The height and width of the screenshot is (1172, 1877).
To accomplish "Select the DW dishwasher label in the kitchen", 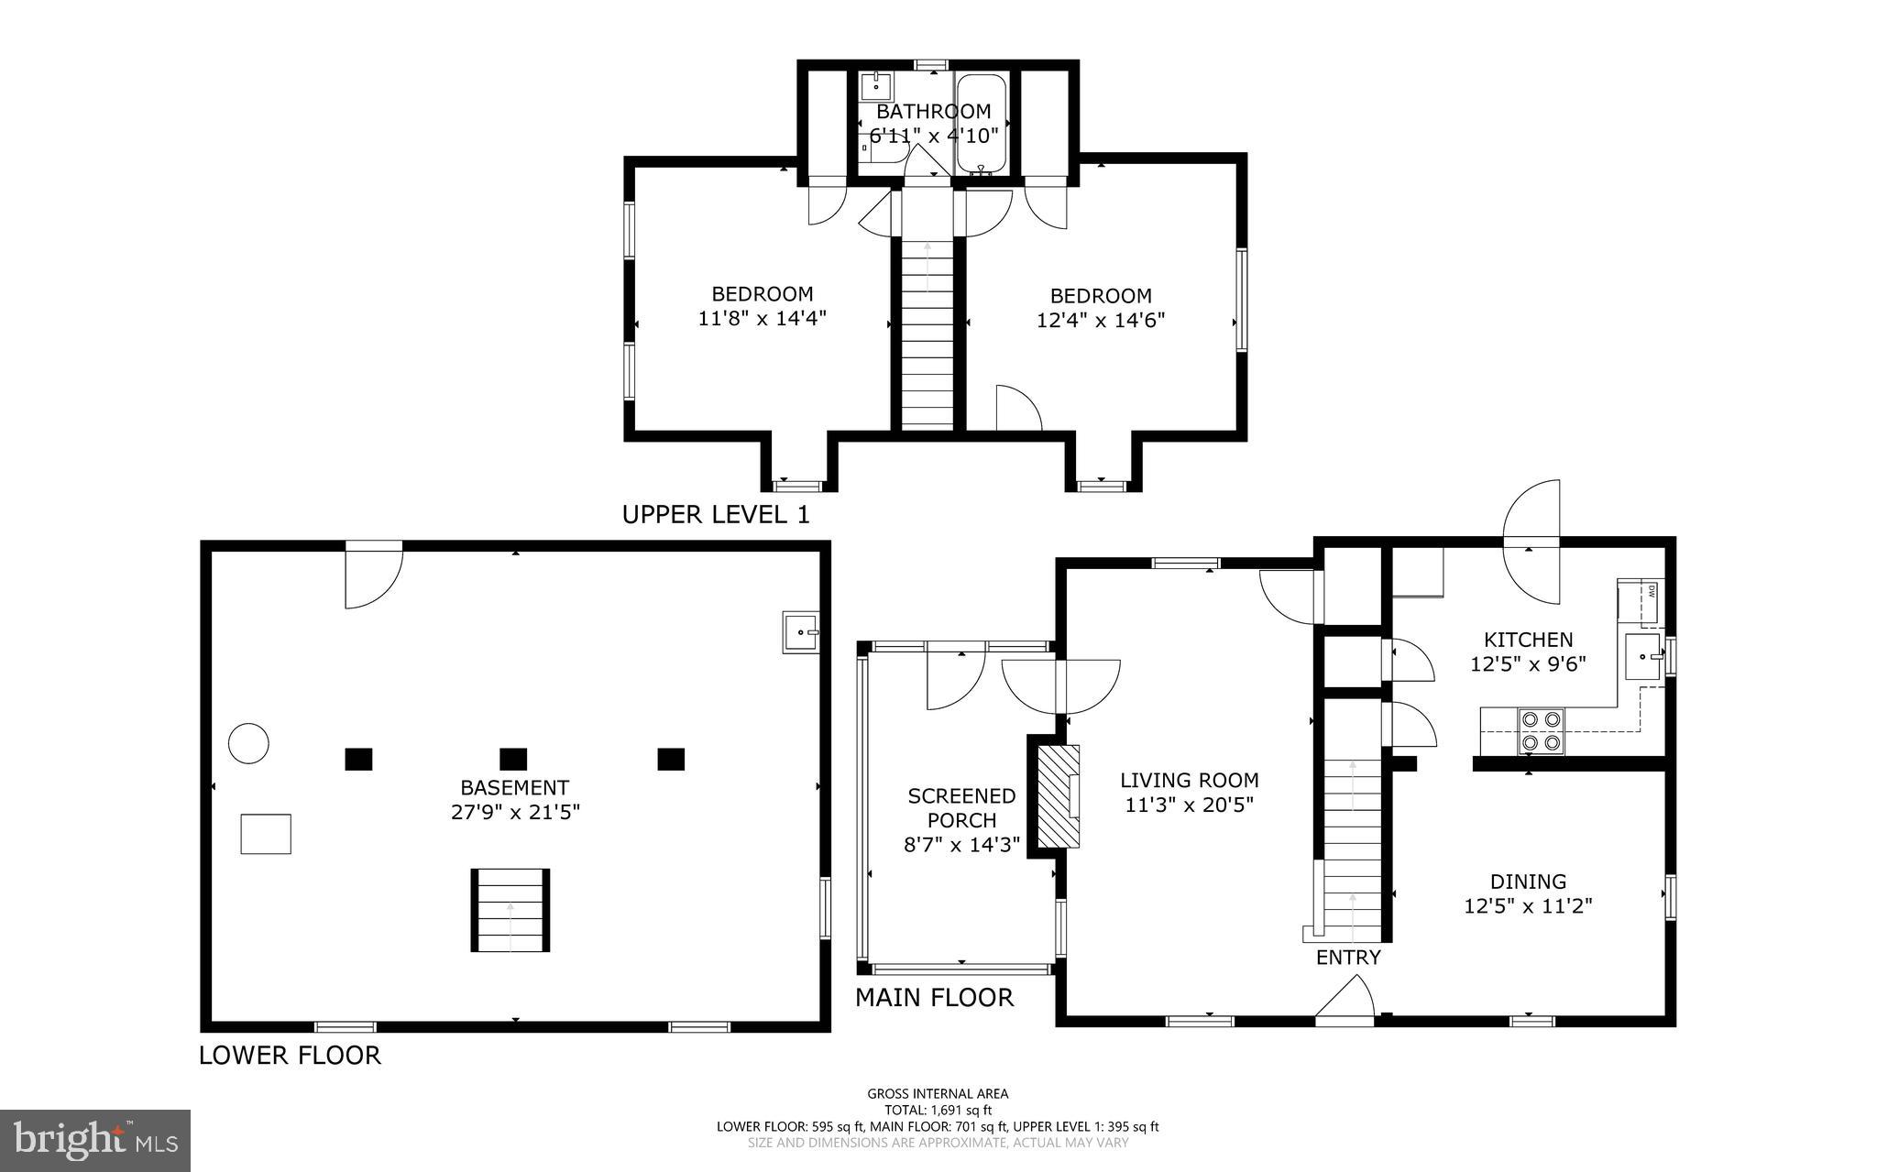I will [x=1652, y=591].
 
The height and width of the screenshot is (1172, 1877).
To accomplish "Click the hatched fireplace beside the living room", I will [x=1058, y=795].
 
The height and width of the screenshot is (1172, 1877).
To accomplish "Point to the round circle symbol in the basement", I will [x=248, y=742].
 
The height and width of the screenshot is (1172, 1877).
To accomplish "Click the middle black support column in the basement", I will [x=513, y=759].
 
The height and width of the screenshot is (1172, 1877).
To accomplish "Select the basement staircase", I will [x=510, y=911].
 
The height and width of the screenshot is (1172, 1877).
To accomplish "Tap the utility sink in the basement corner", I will [x=801, y=632].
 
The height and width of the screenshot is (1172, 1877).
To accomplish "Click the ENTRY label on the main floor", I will [x=1347, y=958].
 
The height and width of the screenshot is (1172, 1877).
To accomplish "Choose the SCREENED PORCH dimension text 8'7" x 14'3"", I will [x=961, y=845].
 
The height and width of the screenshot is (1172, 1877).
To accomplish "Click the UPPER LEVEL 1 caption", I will [x=716, y=514].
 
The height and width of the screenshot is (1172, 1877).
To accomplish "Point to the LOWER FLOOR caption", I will [x=290, y=1055].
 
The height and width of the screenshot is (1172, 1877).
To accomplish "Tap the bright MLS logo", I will [x=95, y=1140].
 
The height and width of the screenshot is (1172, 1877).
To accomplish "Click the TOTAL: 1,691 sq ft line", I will [x=938, y=1110].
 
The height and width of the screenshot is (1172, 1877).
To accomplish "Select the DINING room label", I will [x=1528, y=882].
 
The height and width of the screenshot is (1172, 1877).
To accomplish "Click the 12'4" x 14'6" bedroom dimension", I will [x=1101, y=321].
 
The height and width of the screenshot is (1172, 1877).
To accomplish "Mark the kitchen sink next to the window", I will [x=1643, y=656].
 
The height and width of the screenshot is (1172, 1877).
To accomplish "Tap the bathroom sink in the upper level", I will [x=877, y=89].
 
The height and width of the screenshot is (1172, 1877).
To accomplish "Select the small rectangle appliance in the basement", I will [x=266, y=834].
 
